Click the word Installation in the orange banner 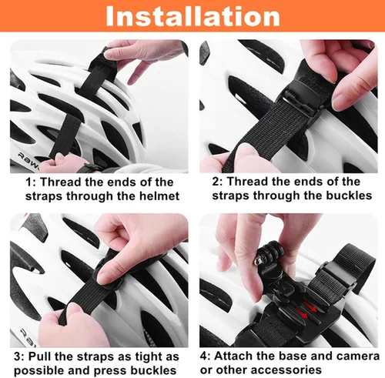(x=192, y=17)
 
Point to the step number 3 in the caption (x=17, y=356)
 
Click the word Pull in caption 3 (x=42, y=356)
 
